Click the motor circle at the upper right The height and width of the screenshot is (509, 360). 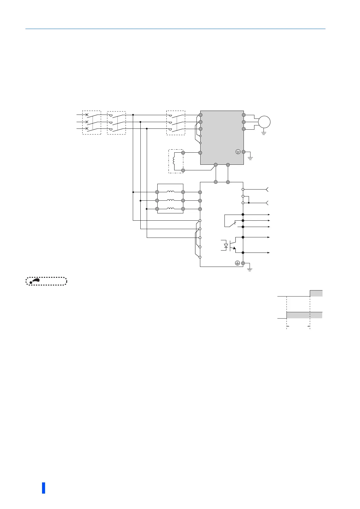coord(264,122)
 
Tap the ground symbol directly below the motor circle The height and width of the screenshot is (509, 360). coord(264,132)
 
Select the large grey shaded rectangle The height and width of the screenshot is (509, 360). coord(222,138)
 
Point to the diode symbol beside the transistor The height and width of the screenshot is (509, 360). coord(226,246)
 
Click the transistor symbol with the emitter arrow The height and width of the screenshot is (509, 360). coord(232,245)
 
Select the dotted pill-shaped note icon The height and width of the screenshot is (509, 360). coord(46,281)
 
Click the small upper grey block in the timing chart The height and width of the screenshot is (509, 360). coord(316,293)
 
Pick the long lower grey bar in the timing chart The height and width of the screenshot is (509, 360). coord(304,315)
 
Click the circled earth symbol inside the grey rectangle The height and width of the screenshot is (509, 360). coord(238,152)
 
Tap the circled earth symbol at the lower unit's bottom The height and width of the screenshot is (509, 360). coord(237,263)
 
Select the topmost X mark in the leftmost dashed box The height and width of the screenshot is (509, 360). coord(87,115)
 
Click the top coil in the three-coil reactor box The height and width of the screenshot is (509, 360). coord(170,192)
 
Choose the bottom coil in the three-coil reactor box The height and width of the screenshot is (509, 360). coord(170,209)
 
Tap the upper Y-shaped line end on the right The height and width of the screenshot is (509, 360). coord(267,190)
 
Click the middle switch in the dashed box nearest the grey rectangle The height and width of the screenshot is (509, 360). coord(175,122)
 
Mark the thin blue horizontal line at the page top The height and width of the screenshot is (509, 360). coord(175,29)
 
